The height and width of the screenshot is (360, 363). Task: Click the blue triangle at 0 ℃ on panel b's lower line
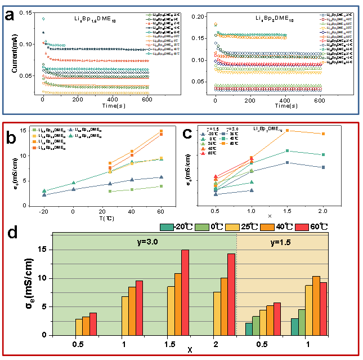pyautogui.click(x=73, y=189)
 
